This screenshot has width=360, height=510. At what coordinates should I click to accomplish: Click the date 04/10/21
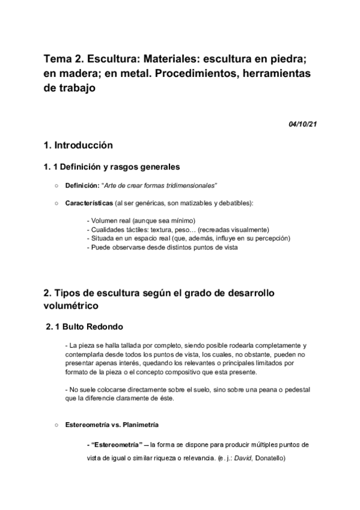pos(303,124)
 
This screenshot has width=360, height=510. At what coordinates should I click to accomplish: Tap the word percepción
pos(273,238)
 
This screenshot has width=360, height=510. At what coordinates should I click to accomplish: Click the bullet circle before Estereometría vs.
pos(56,425)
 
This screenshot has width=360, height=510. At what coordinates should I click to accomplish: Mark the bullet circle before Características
pos(56,203)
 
